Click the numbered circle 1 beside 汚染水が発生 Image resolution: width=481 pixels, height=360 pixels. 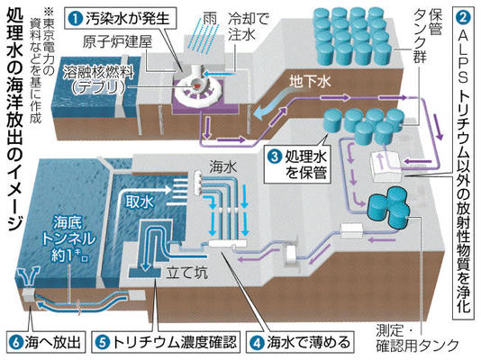click(x=76, y=19)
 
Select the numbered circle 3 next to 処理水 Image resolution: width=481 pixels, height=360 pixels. click(x=275, y=157)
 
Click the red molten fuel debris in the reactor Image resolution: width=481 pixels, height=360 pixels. click(x=195, y=86)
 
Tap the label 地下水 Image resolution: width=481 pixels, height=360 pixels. click(x=310, y=82)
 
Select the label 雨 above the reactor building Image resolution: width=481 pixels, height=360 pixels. click(x=210, y=19)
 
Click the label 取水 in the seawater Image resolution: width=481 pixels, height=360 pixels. click(x=139, y=202)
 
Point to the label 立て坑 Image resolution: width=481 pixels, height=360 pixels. click(x=186, y=273)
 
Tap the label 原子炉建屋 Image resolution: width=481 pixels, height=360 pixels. click(x=117, y=42)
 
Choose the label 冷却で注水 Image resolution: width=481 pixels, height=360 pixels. click(x=249, y=27)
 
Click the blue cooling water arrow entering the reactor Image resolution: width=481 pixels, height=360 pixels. click(x=222, y=74)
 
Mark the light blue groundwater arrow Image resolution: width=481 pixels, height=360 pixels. click(x=273, y=104)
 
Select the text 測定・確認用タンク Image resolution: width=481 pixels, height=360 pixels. click(x=417, y=338)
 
